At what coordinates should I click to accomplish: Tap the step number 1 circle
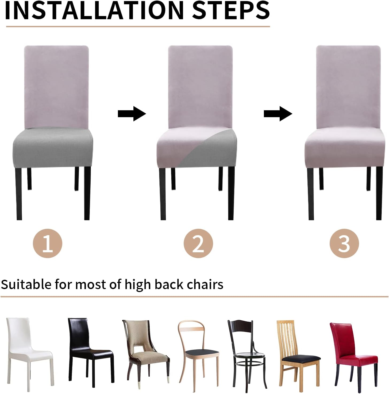coord(48,243)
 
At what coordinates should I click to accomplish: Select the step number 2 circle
coord(198,243)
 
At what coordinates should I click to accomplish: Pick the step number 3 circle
coord(344,243)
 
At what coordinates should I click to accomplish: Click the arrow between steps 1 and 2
coord(132,114)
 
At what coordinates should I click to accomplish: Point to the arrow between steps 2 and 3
coord(278,114)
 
